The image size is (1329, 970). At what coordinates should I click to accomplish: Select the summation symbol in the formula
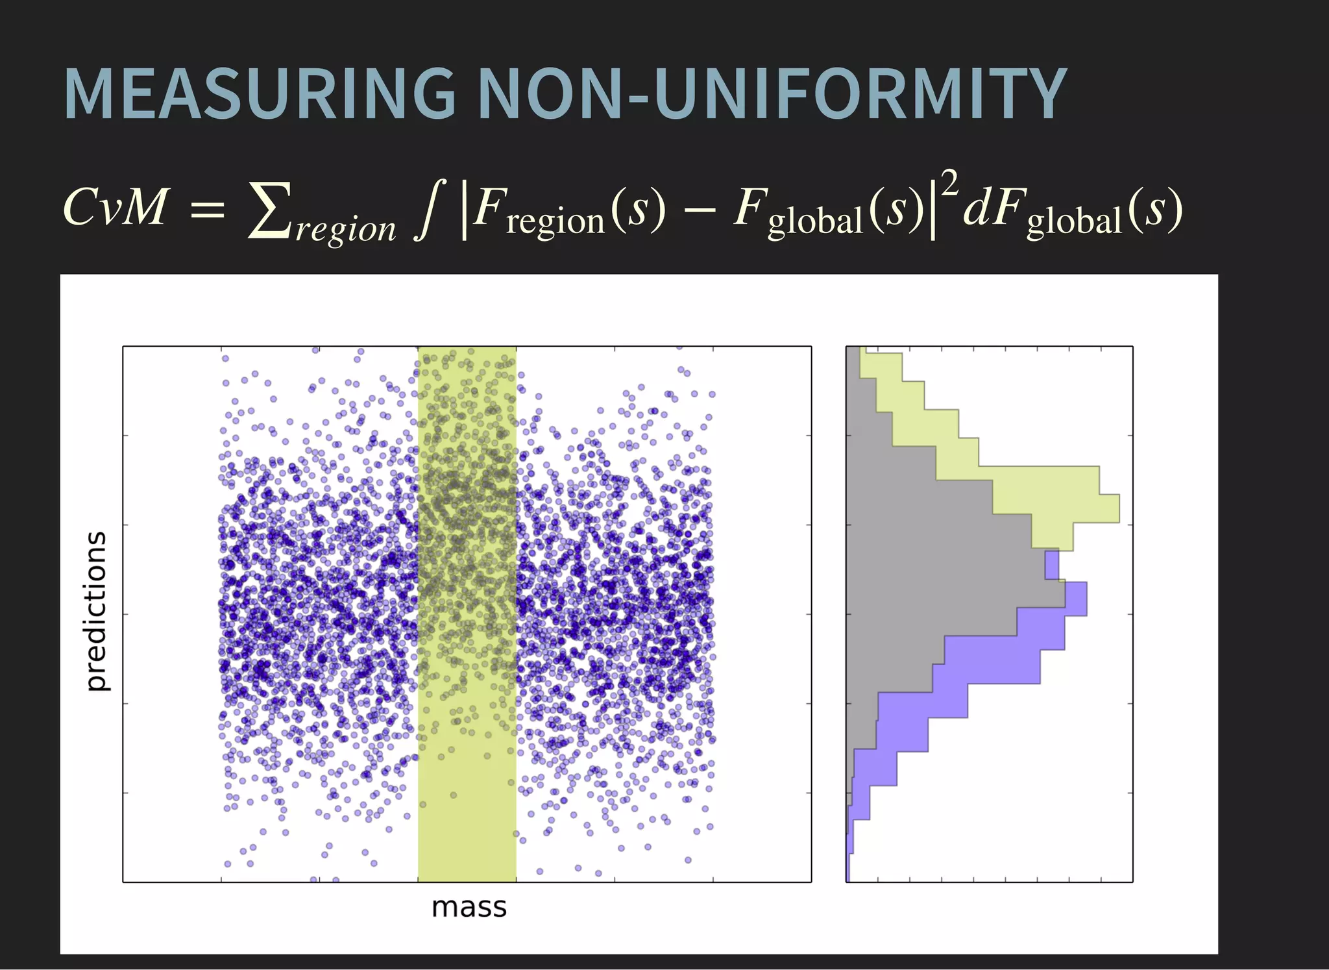(269, 209)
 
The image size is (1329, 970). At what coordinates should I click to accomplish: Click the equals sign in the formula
(207, 209)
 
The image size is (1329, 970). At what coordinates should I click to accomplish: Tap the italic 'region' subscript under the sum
(345, 229)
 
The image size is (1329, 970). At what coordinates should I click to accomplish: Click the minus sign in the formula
(700, 209)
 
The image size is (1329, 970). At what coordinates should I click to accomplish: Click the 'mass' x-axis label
(469, 907)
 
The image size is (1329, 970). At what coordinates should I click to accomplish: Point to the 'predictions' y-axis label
(96, 611)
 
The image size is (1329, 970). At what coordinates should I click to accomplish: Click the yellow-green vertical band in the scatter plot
(467, 812)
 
